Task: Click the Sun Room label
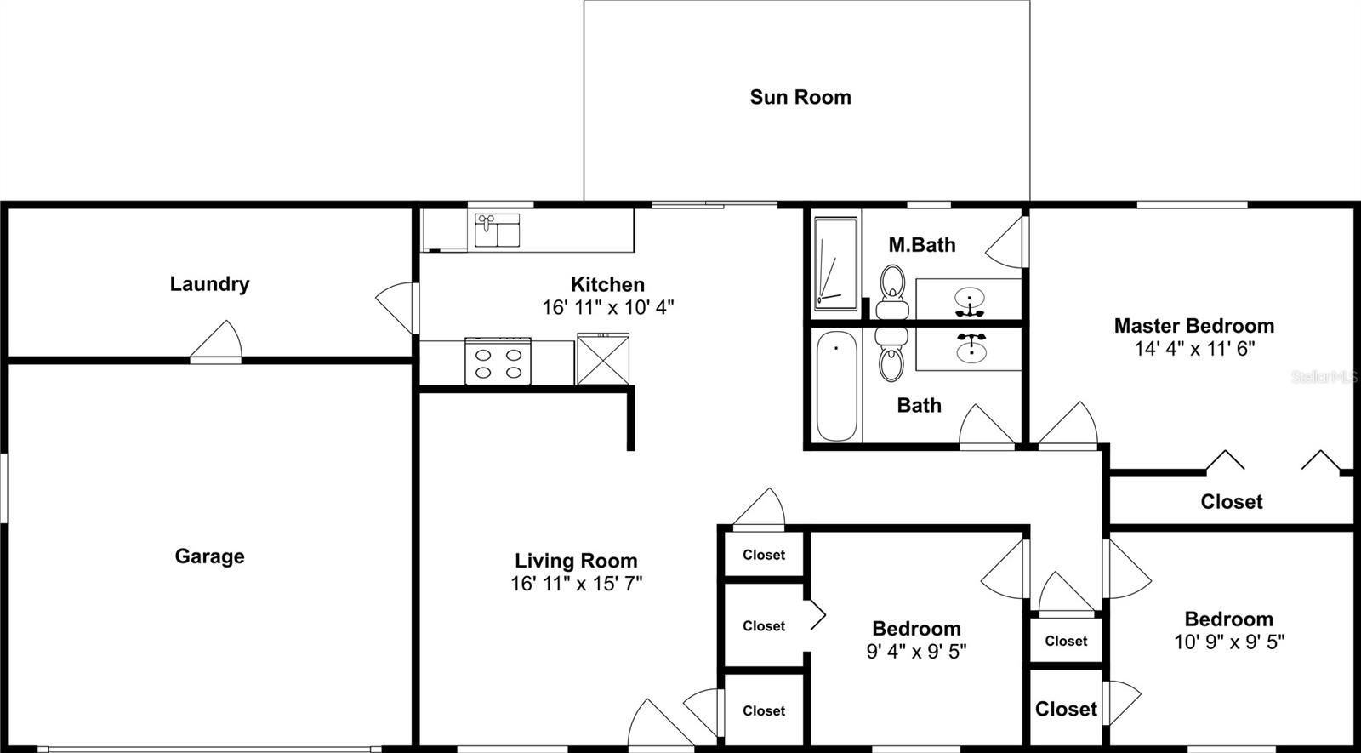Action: (x=800, y=97)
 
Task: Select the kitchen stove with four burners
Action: (x=498, y=362)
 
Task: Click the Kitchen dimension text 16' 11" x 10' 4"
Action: (x=608, y=307)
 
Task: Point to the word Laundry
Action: (x=209, y=284)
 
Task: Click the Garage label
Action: (x=209, y=556)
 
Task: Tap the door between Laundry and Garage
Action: (x=217, y=342)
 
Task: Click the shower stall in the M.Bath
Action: (x=836, y=262)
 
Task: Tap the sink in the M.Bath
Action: (x=970, y=299)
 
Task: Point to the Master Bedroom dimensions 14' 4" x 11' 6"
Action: (x=1194, y=348)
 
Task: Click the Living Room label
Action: (x=576, y=562)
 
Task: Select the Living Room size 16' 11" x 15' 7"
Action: (x=576, y=584)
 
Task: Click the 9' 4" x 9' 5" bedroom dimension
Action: (x=916, y=652)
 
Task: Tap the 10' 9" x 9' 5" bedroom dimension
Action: (x=1229, y=642)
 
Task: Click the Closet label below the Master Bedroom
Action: (x=1232, y=502)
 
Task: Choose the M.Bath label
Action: (x=922, y=245)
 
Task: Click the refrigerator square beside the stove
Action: (x=603, y=360)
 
